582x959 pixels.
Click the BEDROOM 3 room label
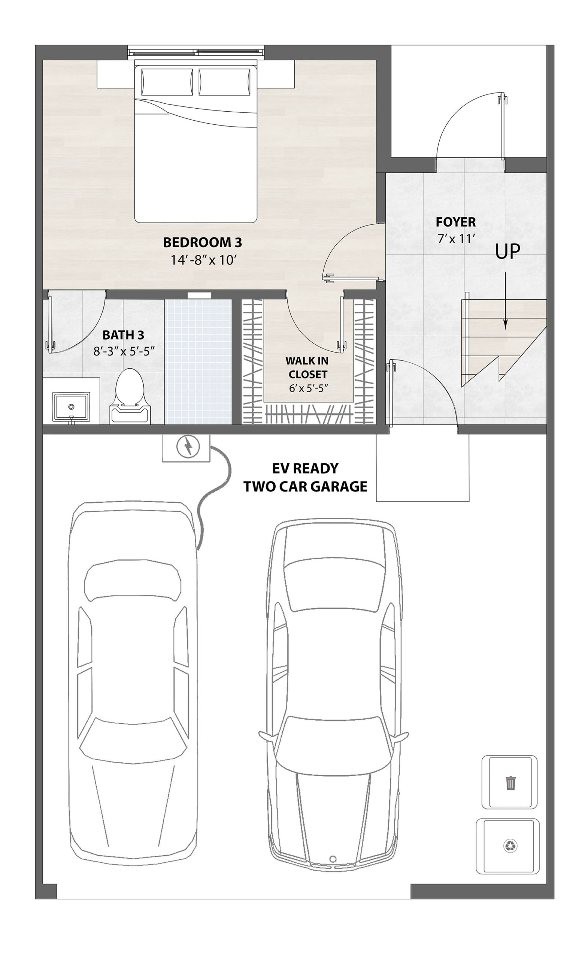click(x=202, y=242)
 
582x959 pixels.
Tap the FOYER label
click(x=455, y=222)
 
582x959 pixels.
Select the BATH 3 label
click(x=123, y=335)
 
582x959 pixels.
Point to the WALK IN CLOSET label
click(x=307, y=367)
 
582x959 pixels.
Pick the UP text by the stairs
click(x=507, y=252)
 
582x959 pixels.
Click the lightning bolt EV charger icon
click(x=188, y=447)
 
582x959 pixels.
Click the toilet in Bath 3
click(x=130, y=396)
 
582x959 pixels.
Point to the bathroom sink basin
click(x=71, y=406)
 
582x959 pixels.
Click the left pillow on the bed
click(x=167, y=82)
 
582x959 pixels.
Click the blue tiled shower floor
click(x=198, y=361)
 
